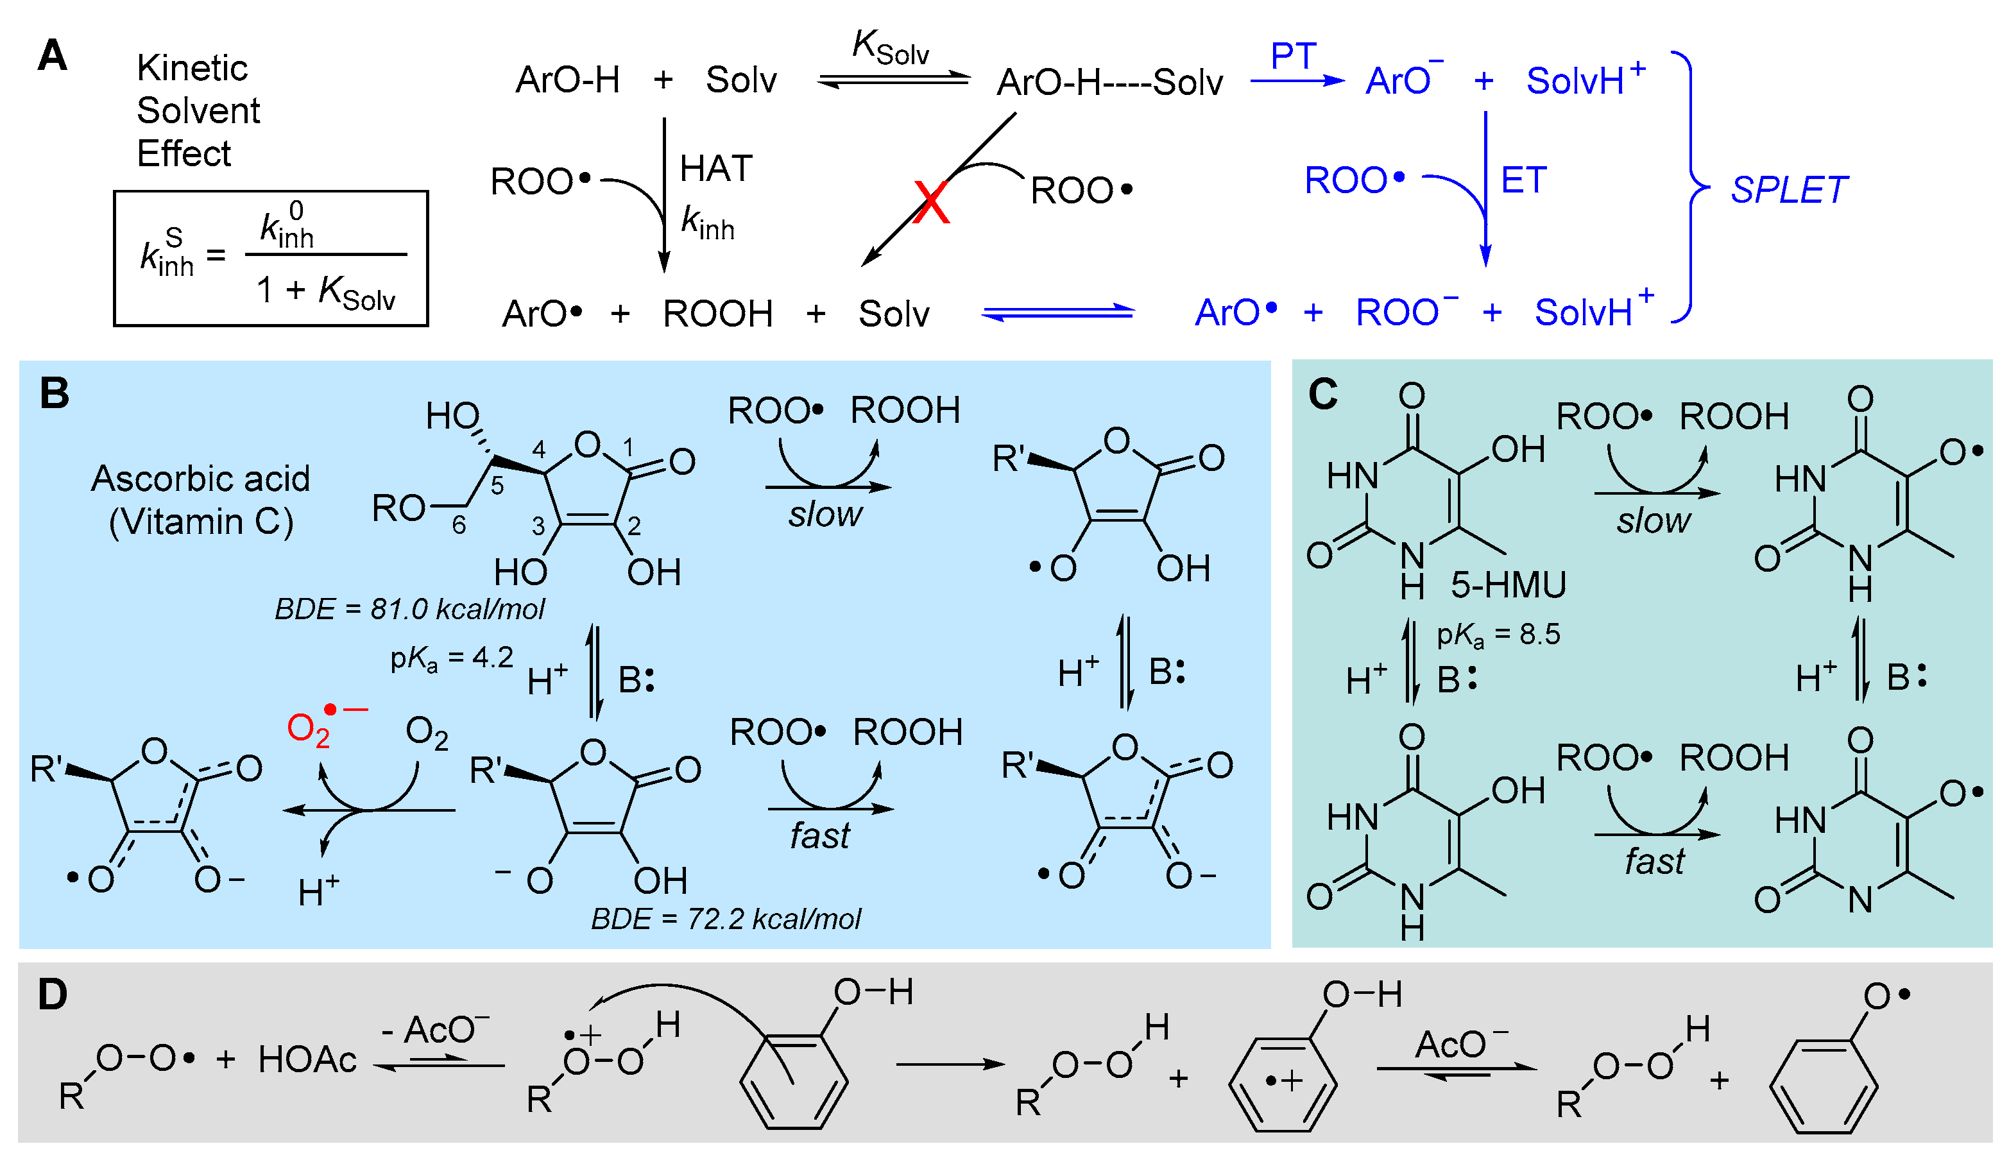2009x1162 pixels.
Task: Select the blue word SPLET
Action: [x=1788, y=191]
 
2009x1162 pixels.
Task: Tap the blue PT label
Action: [x=1292, y=56]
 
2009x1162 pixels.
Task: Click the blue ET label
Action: [x=1523, y=180]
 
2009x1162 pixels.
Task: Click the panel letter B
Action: [x=54, y=394]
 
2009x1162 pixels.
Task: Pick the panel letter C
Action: [x=1322, y=394]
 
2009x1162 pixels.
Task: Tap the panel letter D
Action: [x=53, y=995]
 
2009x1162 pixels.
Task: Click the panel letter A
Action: [x=53, y=56]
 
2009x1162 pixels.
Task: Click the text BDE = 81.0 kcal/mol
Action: [x=409, y=610]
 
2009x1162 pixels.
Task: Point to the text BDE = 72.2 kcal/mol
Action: [x=726, y=919]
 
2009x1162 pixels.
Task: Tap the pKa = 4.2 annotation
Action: [x=451, y=658]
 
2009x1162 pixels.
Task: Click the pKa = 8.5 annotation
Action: [x=1498, y=635]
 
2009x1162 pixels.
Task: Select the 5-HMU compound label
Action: [x=1507, y=585]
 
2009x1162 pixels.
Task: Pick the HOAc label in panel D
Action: [x=307, y=1060]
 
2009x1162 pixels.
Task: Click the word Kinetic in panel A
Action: [x=192, y=69]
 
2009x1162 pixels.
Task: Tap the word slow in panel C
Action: [x=1653, y=521]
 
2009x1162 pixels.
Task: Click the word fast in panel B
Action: [x=819, y=836]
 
